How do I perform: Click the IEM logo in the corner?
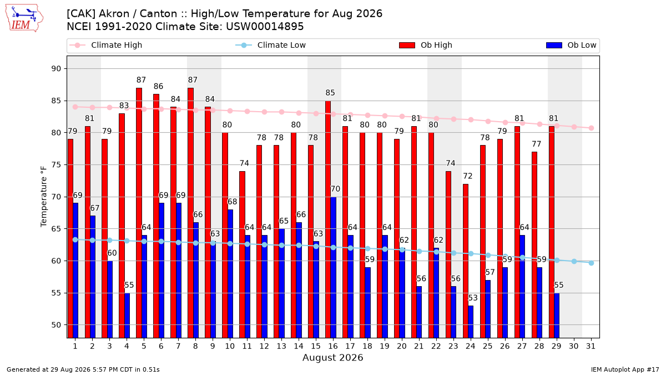24,18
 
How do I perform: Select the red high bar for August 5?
139,213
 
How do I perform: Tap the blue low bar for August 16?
334,267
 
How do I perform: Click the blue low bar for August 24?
471,322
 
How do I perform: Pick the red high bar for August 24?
466,261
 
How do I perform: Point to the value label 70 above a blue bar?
335,189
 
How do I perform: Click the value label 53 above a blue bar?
473,298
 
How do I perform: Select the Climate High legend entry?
106,45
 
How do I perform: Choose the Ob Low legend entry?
571,45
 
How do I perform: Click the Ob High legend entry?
426,45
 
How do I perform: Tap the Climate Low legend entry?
271,45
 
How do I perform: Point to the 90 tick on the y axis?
56,69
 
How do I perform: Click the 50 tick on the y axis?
56,325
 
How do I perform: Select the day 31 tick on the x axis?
591,347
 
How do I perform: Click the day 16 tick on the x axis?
333,347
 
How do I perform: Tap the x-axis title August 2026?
332,357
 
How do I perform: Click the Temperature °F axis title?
44,197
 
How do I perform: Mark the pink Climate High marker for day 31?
592,128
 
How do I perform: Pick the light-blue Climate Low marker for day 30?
574,261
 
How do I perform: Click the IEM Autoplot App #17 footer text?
625,369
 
